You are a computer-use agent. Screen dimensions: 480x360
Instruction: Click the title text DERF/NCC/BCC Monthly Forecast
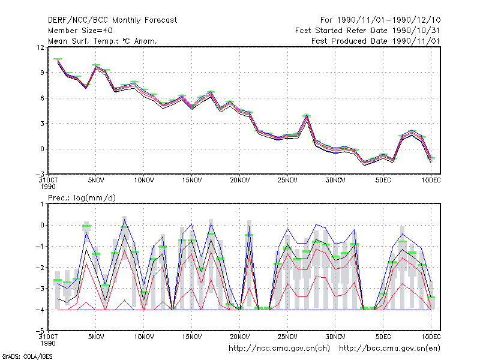pyautogui.click(x=112, y=20)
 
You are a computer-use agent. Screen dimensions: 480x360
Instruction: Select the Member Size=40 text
pyautogui.click(x=80, y=31)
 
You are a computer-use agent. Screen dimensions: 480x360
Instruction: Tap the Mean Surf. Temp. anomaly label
pyautogui.click(x=103, y=41)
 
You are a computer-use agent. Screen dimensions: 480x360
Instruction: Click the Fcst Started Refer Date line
pyautogui.click(x=367, y=31)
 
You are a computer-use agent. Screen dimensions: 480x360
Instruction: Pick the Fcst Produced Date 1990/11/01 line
pyautogui.click(x=376, y=41)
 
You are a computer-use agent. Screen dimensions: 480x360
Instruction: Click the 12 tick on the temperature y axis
pyautogui.click(x=40, y=47)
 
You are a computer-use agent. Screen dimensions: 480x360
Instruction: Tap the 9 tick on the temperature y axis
pyautogui.click(x=42, y=73)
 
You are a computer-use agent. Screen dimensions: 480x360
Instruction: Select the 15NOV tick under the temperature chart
pyautogui.click(x=192, y=181)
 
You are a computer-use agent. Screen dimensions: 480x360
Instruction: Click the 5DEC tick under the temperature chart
pyautogui.click(x=383, y=181)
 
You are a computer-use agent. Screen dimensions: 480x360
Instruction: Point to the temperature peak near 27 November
pyautogui.click(x=307, y=115)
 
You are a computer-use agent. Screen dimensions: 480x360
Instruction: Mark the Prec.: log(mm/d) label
pyautogui.click(x=82, y=198)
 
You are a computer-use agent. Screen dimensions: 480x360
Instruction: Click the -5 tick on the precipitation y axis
pyautogui.click(x=40, y=331)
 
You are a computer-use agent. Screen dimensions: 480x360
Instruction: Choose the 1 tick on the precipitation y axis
pyautogui.click(x=42, y=204)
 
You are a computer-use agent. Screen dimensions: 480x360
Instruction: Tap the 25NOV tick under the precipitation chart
pyautogui.click(x=287, y=337)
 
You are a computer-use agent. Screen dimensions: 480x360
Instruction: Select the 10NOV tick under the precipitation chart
pyautogui.click(x=144, y=337)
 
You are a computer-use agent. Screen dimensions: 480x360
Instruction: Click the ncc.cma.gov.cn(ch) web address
pyautogui.click(x=279, y=349)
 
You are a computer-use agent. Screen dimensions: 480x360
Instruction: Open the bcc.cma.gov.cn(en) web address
pyautogui.click(x=389, y=349)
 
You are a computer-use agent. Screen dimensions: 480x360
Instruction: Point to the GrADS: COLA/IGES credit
pyautogui.click(x=27, y=356)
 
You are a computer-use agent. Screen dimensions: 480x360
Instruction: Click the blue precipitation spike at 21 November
pyautogui.click(x=249, y=226)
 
